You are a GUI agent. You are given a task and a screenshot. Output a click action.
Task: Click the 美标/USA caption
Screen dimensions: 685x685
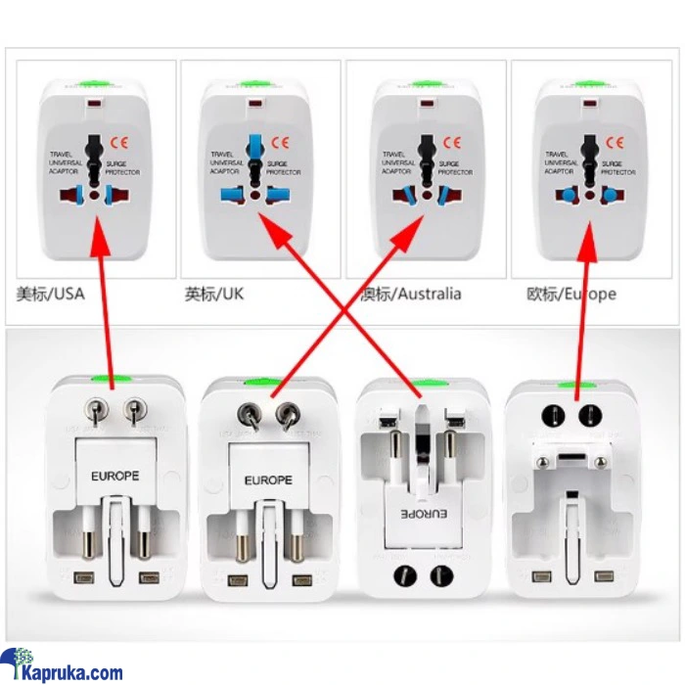click(50, 294)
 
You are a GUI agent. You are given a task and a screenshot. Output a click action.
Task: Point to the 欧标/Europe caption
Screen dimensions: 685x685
click(571, 294)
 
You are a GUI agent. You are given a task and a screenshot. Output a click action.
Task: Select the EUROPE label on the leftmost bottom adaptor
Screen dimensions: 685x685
click(115, 477)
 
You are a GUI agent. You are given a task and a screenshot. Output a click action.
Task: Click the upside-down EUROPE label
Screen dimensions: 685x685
click(424, 513)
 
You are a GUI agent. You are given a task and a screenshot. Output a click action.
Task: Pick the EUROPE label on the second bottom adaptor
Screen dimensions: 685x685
click(267, 479)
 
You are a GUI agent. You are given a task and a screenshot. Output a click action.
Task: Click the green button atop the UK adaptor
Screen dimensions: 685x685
click(254, 85)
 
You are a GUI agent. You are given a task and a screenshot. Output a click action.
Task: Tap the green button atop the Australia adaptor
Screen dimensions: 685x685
click(424, 85)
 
